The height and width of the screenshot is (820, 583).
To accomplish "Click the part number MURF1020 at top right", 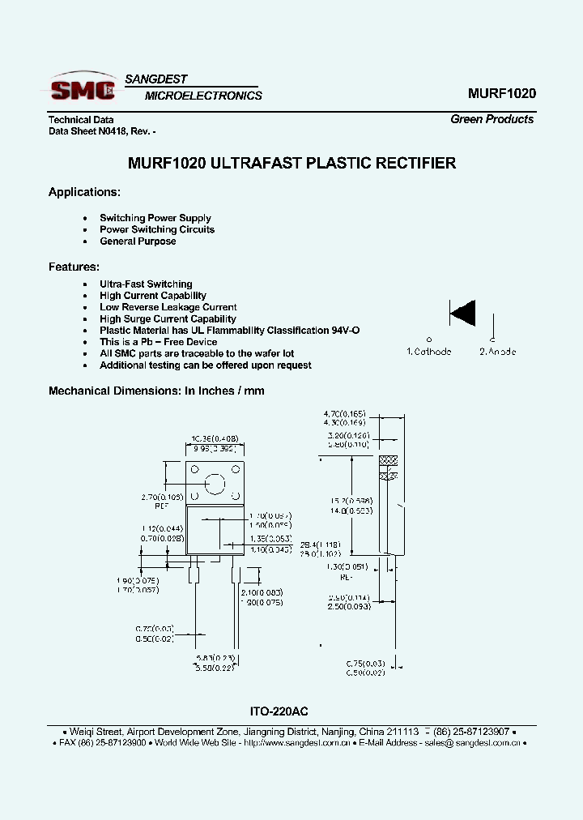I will click(501, 93).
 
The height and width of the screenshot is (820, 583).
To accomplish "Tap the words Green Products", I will click(492, 119).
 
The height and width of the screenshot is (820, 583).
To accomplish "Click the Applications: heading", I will click(84, 192).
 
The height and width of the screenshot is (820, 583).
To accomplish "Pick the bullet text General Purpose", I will click(138, 241).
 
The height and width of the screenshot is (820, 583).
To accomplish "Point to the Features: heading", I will click(74, 267).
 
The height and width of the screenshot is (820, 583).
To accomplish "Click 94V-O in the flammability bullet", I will click(344, 331).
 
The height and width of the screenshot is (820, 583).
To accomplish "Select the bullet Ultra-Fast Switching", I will click(146, 284).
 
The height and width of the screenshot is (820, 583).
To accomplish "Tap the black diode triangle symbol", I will click(463, 312).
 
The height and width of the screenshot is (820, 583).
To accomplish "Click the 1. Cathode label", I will click(428, 352).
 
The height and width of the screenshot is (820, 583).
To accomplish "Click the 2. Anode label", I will click(497, 352).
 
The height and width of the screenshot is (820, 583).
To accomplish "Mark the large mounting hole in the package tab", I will click(215, 484).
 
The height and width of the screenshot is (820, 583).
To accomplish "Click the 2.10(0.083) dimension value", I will click(261, 593).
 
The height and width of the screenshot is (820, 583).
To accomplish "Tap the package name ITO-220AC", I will click(279, 711).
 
